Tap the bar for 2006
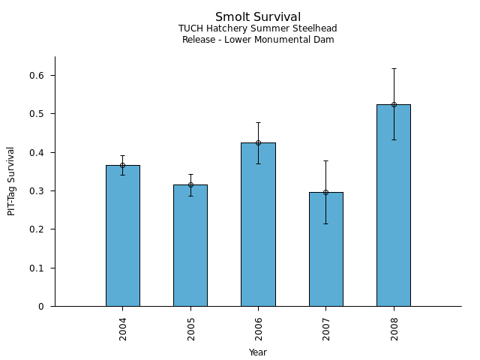(258, 224)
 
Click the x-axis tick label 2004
(123, 328)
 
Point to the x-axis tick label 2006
(259, 328)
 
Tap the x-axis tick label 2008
(394, 328)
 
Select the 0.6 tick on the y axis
(37, 76)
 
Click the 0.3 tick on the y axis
(37, 191)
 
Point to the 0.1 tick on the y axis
(37, 268)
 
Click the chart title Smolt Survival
(258, 17)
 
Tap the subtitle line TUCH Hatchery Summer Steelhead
(258, 29)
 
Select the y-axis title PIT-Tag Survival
(12, 181)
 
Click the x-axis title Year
(258, 352)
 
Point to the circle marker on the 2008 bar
(393, 104)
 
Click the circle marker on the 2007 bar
(325, 192)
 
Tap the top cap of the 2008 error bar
(393, 69)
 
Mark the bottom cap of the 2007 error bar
(325, 223)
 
